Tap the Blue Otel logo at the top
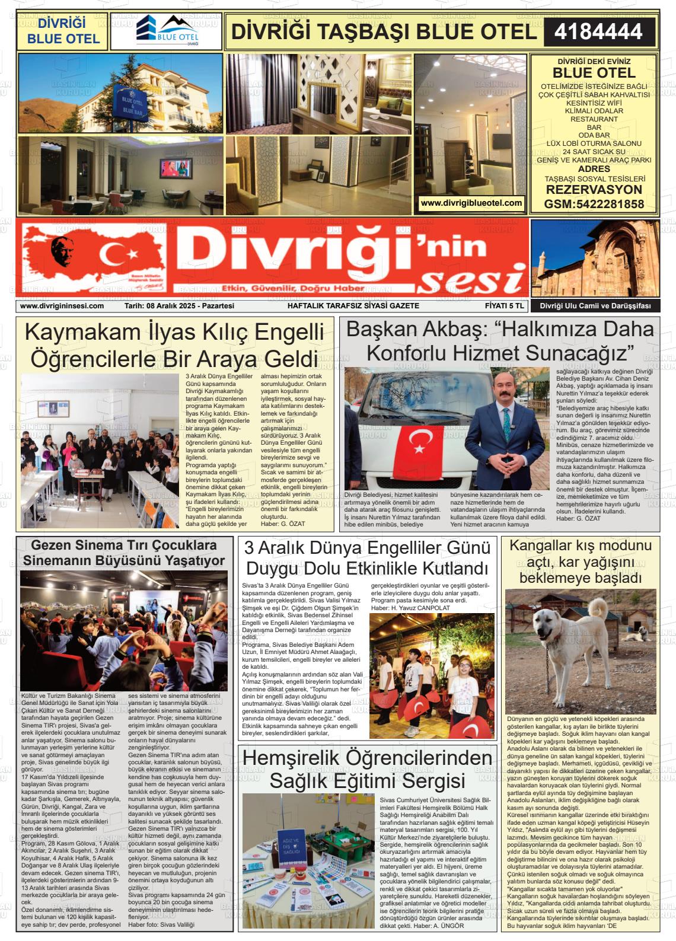point(165,31)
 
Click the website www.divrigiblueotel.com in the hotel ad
point(471,203)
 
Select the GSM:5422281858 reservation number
point(594,204)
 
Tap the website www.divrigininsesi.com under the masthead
point(62,306)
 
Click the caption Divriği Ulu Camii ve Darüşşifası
point(595,306)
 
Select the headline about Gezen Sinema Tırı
point(124,553)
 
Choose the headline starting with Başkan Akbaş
point(499,340)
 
